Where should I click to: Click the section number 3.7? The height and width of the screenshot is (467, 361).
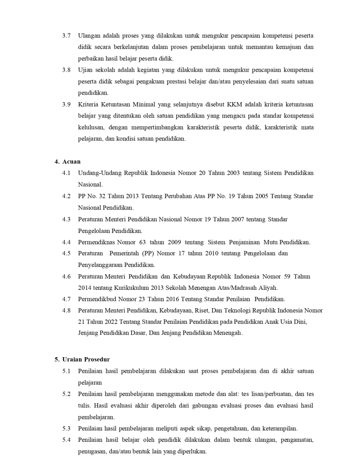(x=66, y=36)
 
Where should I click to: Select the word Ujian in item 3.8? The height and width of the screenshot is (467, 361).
(x=85, y=70)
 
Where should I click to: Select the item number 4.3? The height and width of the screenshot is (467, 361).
(x=66, y=219)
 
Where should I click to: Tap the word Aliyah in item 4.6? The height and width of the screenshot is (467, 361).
(x=269, y=288)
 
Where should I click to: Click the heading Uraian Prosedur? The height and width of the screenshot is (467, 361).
(x=86, y=359)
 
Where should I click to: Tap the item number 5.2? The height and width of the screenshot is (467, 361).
(x=66, y=394)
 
